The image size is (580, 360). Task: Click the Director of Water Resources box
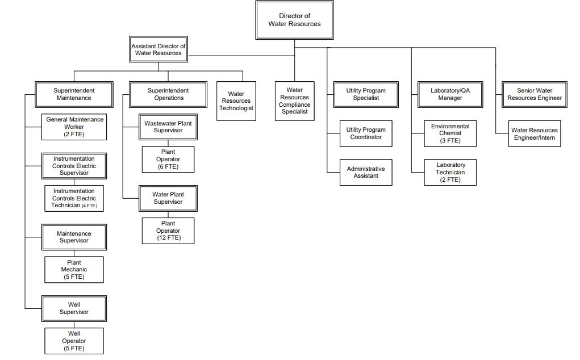[294, 20]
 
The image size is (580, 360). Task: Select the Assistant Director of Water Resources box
[158, 49]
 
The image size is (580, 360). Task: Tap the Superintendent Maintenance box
[74, 94]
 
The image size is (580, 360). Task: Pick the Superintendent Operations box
[168, 94]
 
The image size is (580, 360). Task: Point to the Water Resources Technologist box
[236, 101]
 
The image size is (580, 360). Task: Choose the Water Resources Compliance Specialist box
[294, 101]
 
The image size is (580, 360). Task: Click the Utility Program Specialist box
[366, 94]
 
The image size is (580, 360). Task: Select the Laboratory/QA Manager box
[450, 94]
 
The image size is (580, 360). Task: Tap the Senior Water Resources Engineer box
[535, 94]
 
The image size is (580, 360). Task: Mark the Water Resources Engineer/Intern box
[535, 134]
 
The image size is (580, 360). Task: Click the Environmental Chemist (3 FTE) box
[450, 133]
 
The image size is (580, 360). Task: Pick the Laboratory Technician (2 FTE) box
[450, 173]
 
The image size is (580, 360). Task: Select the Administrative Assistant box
[366, 173]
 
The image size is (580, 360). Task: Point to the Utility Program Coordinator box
[366, 133]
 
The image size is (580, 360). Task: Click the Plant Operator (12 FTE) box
[168, 231]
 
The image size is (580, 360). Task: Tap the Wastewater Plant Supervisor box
[168, 127]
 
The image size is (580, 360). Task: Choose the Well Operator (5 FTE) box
[74, 341]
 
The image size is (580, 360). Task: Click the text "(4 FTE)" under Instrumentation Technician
[89, 206]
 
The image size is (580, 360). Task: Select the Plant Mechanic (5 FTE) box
[74, 270]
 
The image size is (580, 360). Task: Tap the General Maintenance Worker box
[74, 127]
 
